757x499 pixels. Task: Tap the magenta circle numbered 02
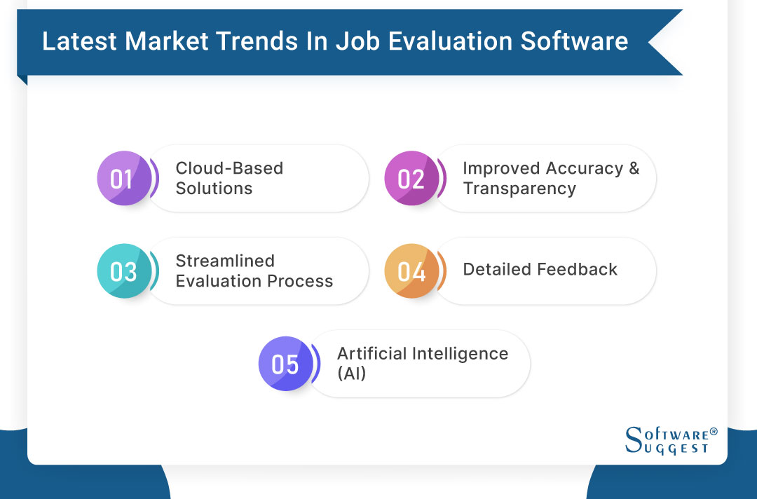pos(411,179)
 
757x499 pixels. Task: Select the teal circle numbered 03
pos(123,271)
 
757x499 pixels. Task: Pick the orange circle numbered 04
pos(411,271)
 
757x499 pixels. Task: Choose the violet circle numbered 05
pos(285,364)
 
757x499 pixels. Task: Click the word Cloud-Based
pos(229,169)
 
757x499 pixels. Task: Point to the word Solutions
pos(214,189)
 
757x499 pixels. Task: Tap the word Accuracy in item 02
pos(585,169)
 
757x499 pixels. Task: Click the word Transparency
pos(519,189)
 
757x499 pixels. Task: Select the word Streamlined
pos(225,261)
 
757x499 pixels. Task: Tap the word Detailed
pos(495,270)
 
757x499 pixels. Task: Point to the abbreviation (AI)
pos(352,374)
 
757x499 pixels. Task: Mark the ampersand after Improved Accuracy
pos(634,169)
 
